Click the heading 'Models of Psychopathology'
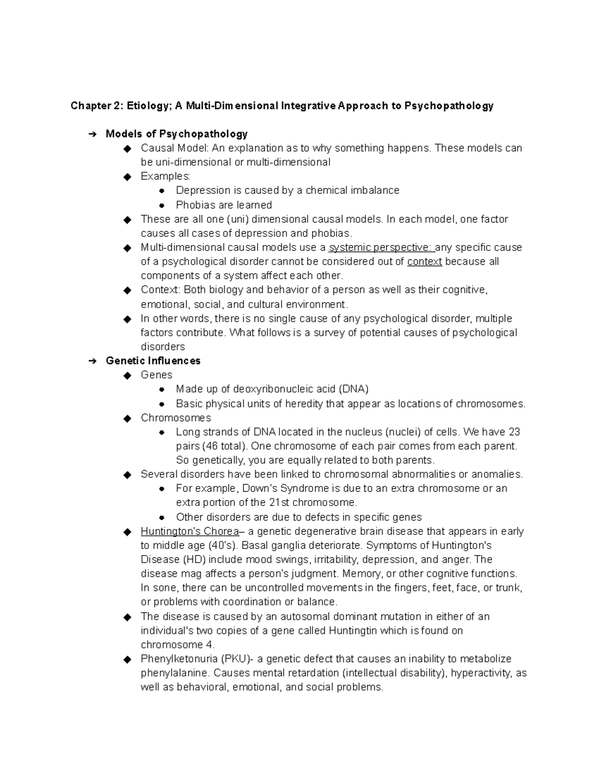tap(176, 134)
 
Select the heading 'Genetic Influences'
tap(153, 361)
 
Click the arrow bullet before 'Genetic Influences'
tap(92, 361)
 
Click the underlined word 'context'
tap(424, 261)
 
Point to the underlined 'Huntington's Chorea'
tap(190, 531)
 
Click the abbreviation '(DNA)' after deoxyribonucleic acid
tap(353, 389)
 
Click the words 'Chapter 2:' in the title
tap(96, 106)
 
